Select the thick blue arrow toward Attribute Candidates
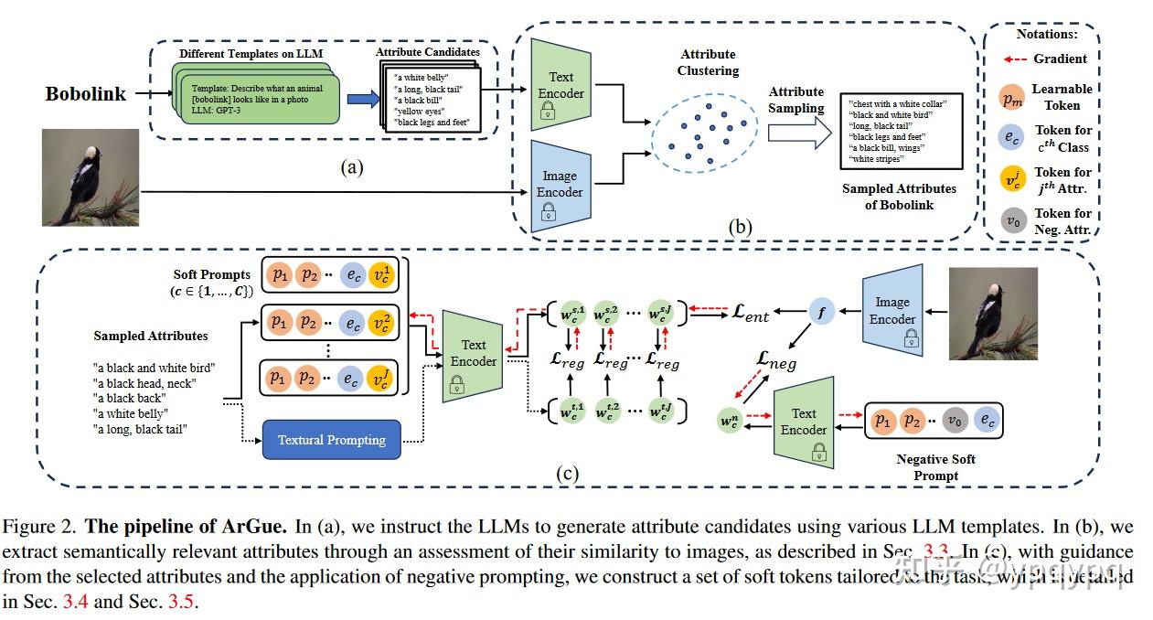pos(362,99)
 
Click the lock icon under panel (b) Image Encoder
pos(548,213)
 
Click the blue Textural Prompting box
pos(331,440)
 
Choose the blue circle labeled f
pos(820,313)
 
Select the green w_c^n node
pos(730,422)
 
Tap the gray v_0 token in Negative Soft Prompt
pos(954,422)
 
